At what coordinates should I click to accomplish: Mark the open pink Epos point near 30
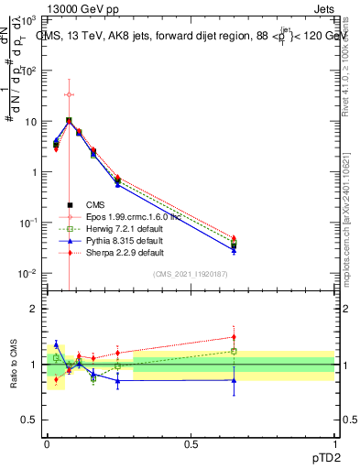pos(69,94)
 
